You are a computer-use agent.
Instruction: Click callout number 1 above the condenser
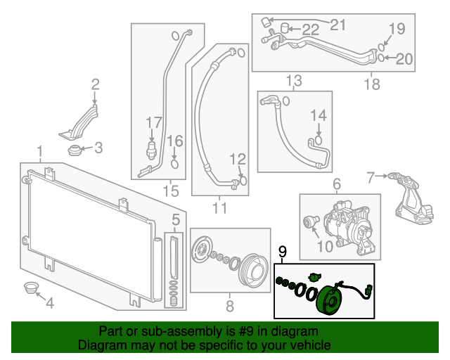click(x=40, y=152)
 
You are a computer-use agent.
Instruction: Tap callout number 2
click(x=96, y=85)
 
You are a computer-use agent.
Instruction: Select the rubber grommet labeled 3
click(x=74, y=149)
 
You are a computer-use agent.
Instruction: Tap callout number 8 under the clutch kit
click(x=229, y=306)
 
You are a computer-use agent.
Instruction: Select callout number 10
click(x=326, y=246)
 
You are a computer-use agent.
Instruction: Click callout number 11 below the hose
click(x=220, y=207)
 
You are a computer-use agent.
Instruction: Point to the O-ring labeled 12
click(x=243, y=180)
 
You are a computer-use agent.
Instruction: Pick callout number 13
click(x=293, y=79)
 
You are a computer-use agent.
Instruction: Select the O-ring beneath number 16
click(x=175, y=165)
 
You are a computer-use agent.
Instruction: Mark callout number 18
click(x=372, y=85)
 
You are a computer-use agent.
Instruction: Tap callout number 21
click(x=339, y=25)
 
